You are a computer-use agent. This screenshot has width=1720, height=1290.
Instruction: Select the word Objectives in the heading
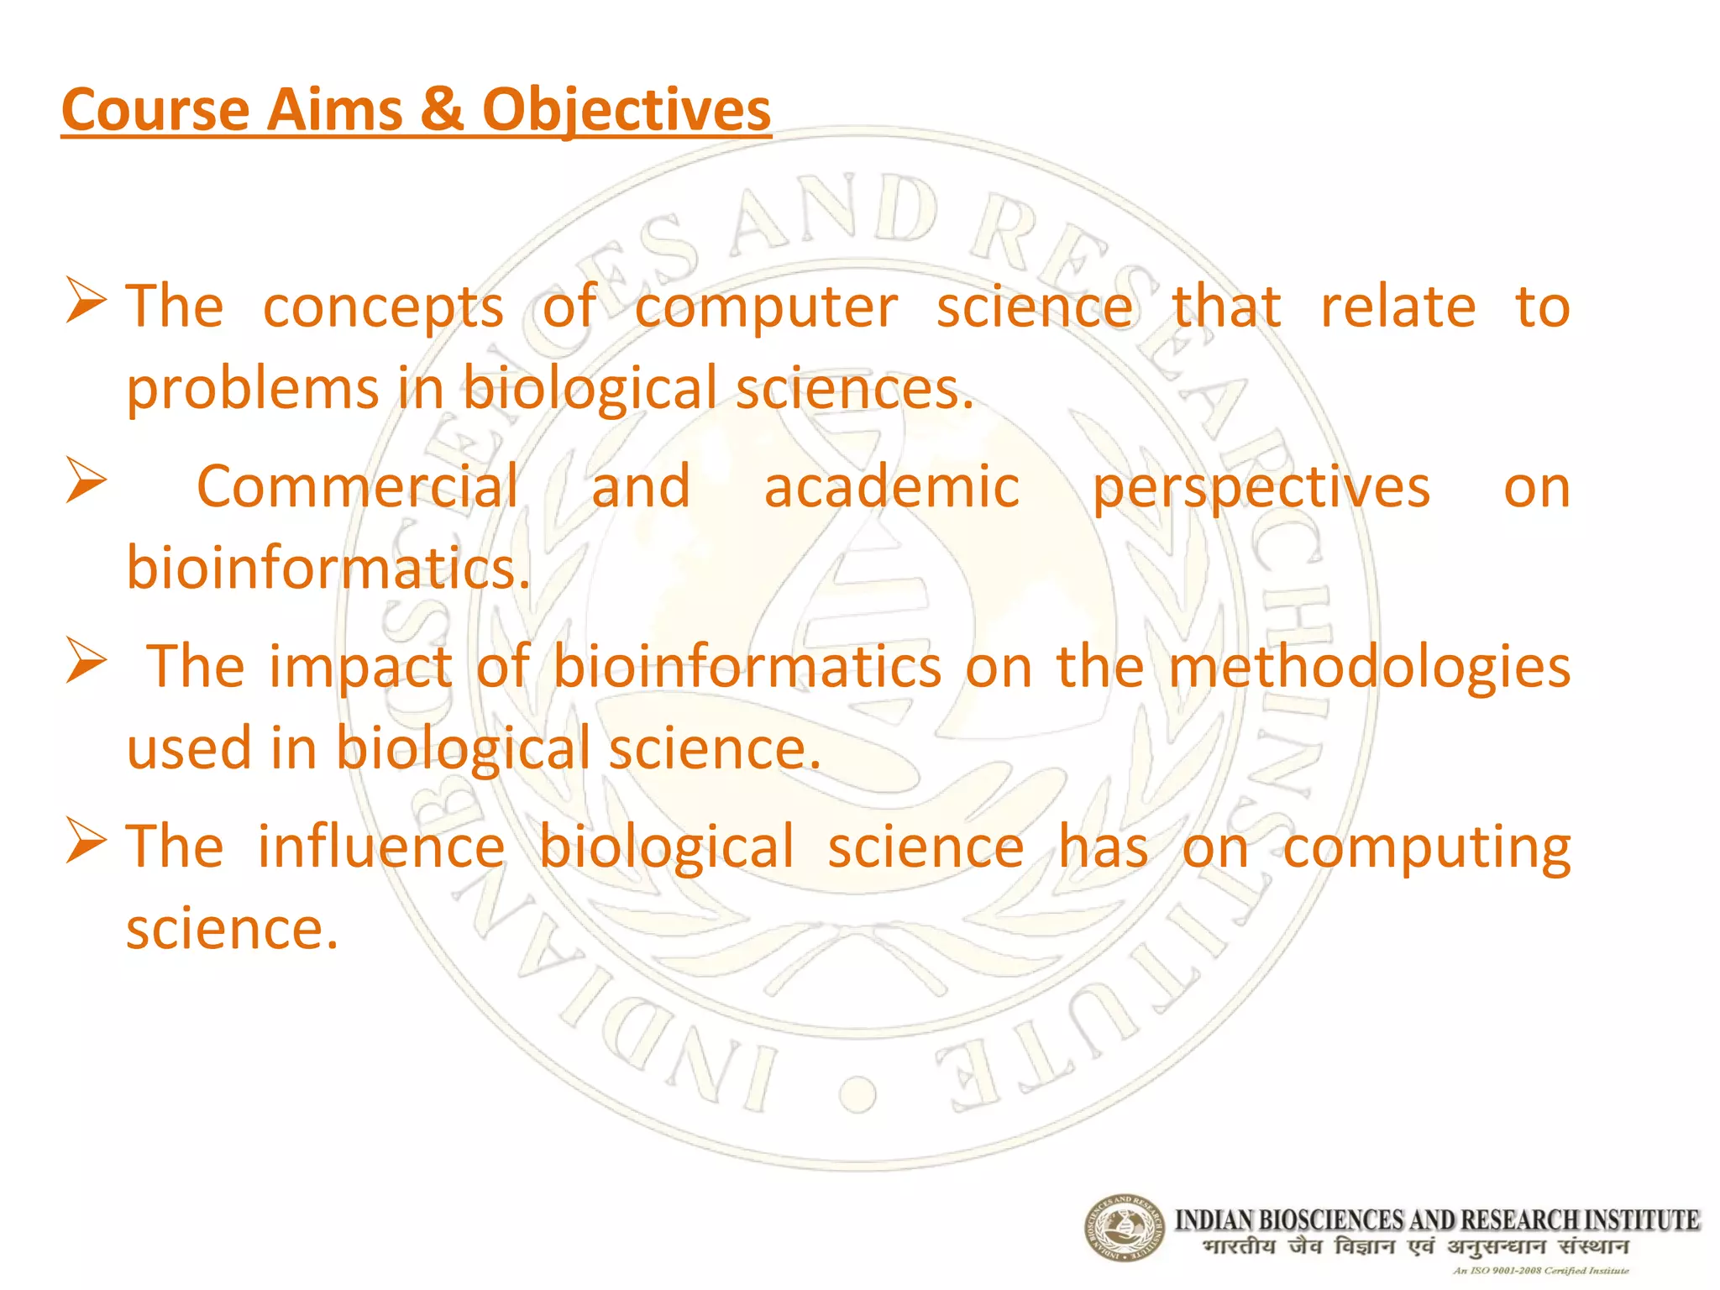[x=626, y=110]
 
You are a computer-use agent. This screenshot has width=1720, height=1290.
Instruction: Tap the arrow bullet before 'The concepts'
[x=87, y=304]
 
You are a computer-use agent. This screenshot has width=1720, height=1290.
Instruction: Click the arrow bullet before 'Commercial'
[x=87, y=483]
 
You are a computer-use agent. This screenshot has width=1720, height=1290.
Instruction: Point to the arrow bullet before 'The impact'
[x=87, y=663]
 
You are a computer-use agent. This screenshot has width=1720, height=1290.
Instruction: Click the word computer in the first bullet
[x=765, y=307]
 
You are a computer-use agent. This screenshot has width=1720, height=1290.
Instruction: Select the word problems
[x=252, y=390]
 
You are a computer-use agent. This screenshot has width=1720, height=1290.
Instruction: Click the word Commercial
[x=357, y=486]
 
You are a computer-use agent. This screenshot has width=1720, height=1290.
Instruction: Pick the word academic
[x=891, y=486]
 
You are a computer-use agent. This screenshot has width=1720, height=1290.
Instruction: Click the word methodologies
[x=1369, y=667]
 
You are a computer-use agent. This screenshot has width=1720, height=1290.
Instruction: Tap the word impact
[x=360, y=667]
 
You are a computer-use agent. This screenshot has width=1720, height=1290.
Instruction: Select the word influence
[x=380, y=847]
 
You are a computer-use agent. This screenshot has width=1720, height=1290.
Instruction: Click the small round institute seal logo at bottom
[x=1125, y=1228]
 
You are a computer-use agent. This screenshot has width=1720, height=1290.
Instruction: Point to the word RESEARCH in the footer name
[x=1519, y=1219]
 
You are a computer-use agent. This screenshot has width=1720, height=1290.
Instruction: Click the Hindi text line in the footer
[x=1414, y=1246]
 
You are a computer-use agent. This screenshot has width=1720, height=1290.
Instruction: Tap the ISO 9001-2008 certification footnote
[x=1540, y=1271]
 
